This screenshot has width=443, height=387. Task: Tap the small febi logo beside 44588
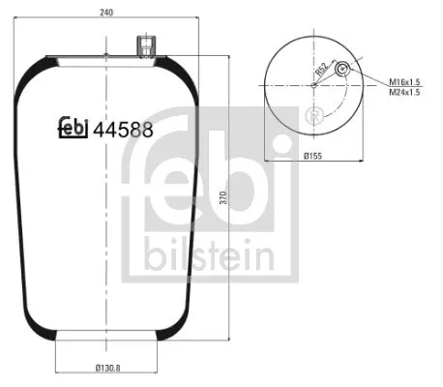pos(74,126)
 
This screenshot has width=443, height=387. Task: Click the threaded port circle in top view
pos(341,69)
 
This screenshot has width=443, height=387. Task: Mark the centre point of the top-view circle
pos(313,85)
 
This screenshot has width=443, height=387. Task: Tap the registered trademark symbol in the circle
pos(312,117)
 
